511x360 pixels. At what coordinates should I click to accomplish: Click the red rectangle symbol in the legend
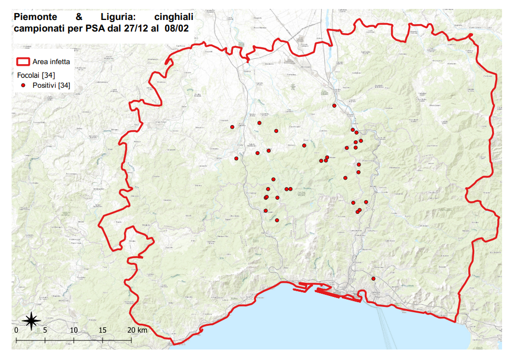[x=23, y=61]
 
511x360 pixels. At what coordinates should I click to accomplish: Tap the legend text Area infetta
[x=51, y=61]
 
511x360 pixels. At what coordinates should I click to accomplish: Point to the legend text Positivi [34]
[x=51, y=85]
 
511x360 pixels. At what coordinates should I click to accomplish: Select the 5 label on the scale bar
[x=45, y=330]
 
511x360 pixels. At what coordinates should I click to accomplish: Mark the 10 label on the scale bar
[x=74, y=330]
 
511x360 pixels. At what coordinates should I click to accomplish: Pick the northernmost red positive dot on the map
[x=334, y=106]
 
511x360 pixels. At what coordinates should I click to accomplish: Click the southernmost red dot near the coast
[x=373, y=279]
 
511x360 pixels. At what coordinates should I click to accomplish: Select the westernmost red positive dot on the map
[x=232, y=127]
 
